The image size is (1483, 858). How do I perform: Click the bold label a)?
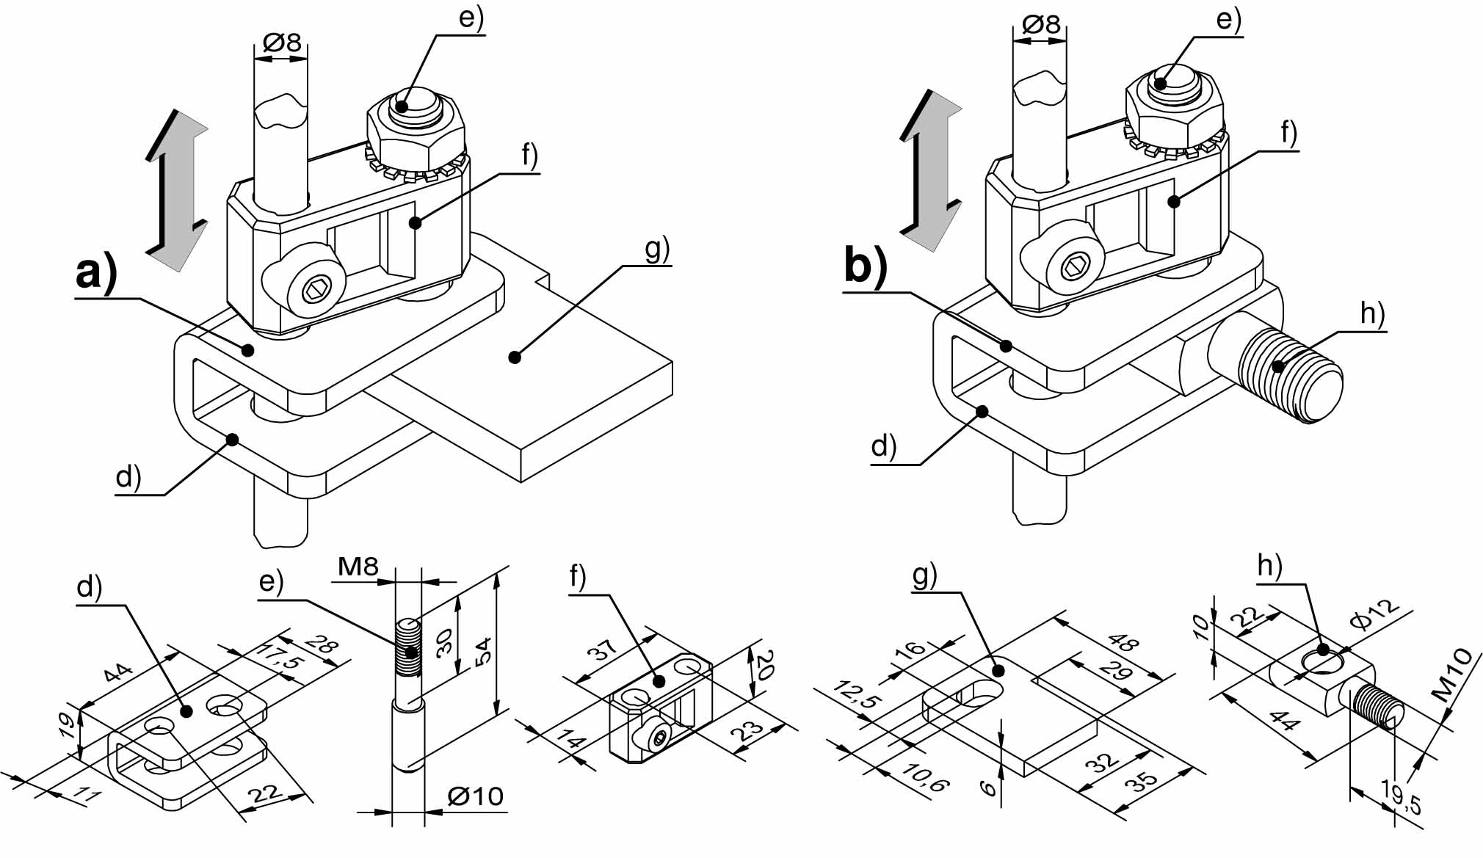pos(96,273)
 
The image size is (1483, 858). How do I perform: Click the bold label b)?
pos(866,263)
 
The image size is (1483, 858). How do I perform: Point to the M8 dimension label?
pos(358,566)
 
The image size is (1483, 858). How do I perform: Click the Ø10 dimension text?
pos(475,796)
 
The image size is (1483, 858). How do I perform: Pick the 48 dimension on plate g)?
pos(1124,641)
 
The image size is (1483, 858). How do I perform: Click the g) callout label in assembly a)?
pos(658,250)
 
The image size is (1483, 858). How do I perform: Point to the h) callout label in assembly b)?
pos(1372,313)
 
